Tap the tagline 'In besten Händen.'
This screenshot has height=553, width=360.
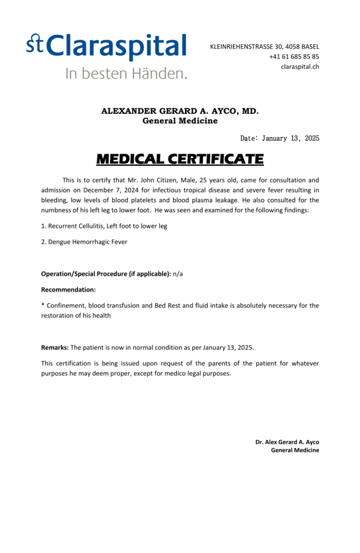[126, 73]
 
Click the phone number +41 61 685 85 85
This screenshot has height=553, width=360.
[294, 57]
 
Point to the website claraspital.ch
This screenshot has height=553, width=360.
[300, 67]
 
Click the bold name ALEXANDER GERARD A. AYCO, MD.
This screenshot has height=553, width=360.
[180, 111]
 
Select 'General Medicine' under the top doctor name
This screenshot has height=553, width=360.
[180, 121]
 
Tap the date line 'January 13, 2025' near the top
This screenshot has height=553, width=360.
[290, 138]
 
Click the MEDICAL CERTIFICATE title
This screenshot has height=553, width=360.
[180, 159]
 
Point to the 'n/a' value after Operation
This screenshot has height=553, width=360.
[178, 274]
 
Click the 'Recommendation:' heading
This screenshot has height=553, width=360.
[68, 290]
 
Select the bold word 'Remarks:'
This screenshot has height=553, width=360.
[55, 348]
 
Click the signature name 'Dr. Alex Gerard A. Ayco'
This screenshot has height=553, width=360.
[287, 442]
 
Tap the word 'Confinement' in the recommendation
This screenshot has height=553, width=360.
[64, 306]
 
